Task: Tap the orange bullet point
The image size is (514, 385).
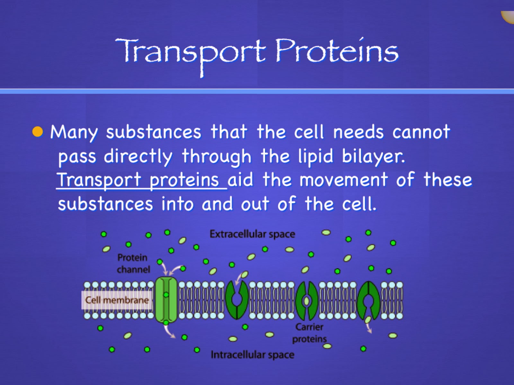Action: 38,132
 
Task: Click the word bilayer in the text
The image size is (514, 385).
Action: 373,157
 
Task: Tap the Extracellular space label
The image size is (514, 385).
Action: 252,234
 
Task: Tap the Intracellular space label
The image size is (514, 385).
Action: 252,355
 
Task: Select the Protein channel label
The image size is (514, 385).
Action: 133,263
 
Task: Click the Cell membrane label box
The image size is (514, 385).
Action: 117,300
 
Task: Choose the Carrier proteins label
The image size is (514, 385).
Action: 309,333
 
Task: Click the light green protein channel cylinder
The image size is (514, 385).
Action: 166,300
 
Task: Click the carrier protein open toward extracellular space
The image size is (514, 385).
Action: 237,300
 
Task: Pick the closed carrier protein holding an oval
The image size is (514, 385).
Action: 307,301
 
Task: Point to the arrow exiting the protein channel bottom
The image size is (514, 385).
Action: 170,332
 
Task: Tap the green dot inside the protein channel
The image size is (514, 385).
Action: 166,295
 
